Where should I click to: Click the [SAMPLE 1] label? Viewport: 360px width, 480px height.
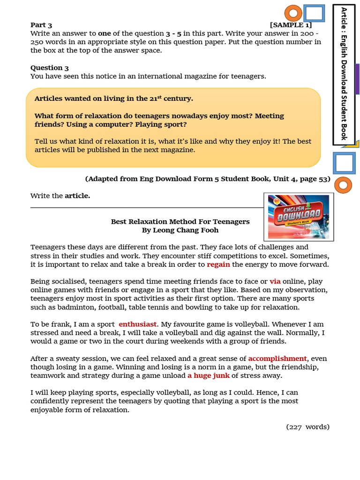pos(291,25)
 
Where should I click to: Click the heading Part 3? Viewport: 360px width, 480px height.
pos(41,25)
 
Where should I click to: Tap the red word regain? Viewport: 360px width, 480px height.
pos(218,264)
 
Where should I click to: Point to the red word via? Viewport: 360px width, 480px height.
pos(275,281)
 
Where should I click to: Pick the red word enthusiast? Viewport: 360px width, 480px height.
pos(138,324)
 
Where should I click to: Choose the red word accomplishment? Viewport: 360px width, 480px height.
pos(277,359)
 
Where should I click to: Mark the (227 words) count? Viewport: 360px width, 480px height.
pos(308,427)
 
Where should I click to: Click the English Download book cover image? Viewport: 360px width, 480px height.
pos(299,217)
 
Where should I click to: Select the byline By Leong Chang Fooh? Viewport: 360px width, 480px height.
pos(180,230)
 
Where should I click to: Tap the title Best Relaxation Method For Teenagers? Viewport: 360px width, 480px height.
pos(180,221)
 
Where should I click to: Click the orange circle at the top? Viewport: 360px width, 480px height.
pos(293,13)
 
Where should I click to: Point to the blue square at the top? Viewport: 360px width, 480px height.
pos(314,13)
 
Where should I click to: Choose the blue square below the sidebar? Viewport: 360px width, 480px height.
pos(344,163)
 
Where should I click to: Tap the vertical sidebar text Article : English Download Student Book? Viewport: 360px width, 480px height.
pos(344,73)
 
